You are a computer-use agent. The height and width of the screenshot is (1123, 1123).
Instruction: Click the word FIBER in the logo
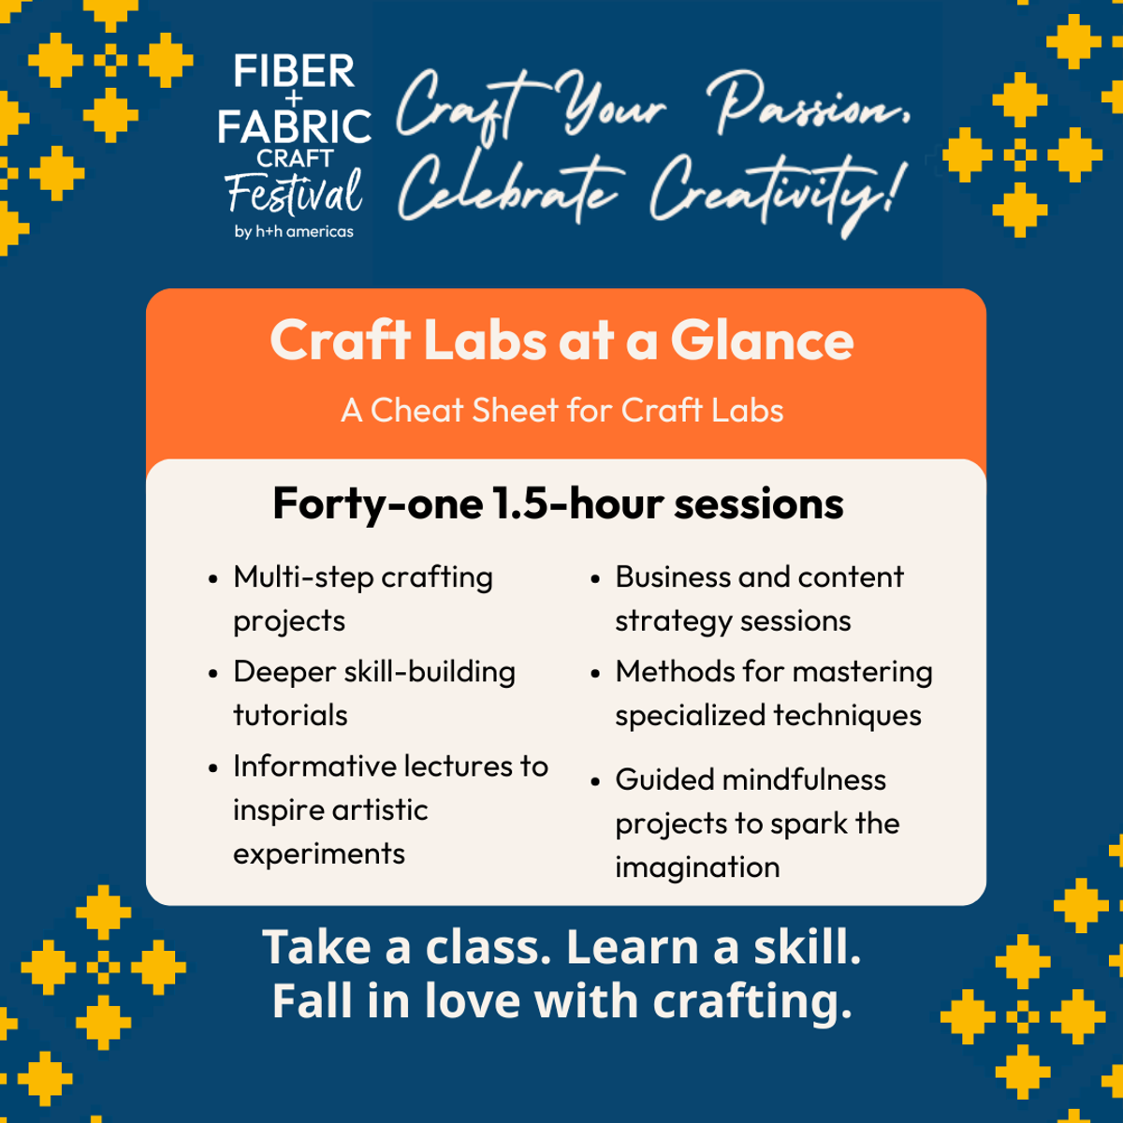[294, 71]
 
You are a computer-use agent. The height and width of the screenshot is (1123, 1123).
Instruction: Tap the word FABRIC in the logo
[294, 126]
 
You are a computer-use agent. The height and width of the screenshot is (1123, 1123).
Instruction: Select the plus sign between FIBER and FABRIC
[294, 98]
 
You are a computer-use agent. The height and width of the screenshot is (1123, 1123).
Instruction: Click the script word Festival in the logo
[294, 191]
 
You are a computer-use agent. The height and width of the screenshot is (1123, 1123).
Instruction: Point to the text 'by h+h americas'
[294, 231]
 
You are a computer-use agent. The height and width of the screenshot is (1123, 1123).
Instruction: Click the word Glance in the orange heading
[763, 342]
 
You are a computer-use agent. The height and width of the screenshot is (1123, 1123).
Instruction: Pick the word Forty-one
[378, 504]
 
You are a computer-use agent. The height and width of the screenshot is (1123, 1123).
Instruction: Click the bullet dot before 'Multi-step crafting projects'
[212, 579]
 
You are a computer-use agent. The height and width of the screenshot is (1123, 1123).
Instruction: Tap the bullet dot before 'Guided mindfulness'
[595, 781]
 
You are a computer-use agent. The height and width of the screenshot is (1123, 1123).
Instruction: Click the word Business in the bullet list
[673, 577]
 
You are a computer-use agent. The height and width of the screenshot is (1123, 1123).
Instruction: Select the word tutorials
[290, 715]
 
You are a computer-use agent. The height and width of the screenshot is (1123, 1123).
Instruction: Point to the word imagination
[697, 868]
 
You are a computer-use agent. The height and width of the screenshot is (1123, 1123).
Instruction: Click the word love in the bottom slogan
[472, 1001]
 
